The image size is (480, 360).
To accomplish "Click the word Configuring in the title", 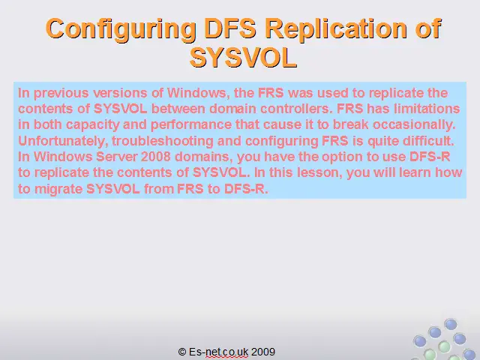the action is [121, 29].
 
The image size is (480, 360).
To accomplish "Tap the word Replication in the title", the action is [338, 28].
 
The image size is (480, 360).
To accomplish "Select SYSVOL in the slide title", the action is [243, 58].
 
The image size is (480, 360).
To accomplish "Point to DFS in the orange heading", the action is [230, 28].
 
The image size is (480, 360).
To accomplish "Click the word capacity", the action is [93, 125].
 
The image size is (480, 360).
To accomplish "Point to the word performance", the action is [191, 125].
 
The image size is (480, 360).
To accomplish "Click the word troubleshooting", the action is [163, 141].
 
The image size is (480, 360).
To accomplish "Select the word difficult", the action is [428, 141].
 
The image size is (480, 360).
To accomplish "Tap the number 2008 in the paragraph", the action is [155, 157].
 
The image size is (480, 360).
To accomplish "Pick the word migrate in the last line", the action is [58, 189].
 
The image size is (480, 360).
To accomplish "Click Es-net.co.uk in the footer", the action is [218, 352].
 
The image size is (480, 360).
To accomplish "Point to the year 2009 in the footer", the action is [263, 352].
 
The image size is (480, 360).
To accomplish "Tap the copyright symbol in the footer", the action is [182, 352].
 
